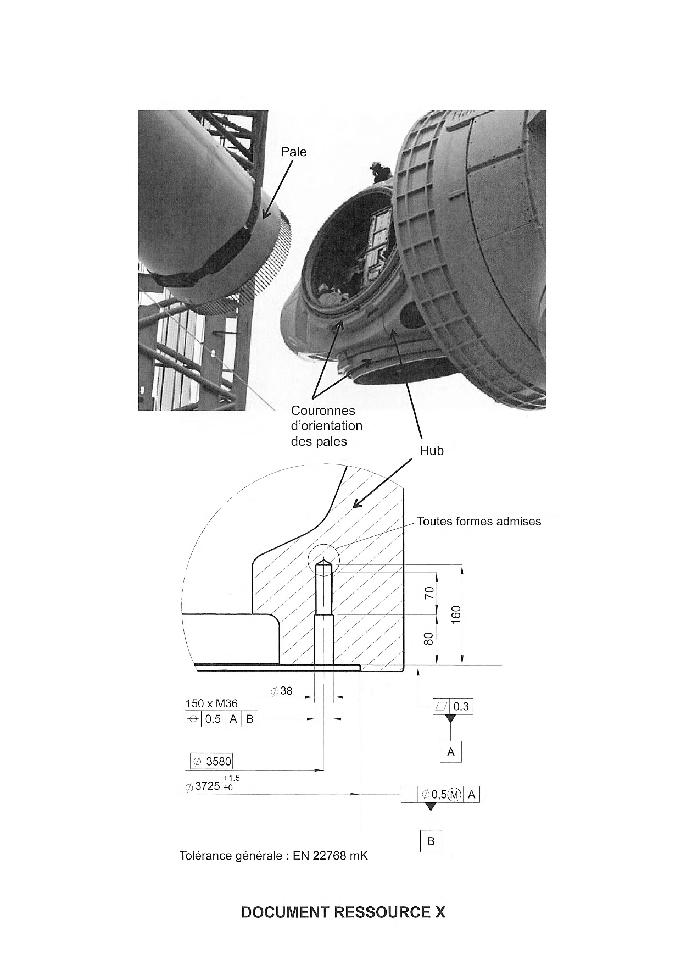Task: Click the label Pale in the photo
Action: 294,152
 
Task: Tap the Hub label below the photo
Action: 432,451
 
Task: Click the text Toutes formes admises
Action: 479,521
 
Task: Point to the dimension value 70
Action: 429,592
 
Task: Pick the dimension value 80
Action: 429,639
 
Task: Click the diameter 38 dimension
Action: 282,691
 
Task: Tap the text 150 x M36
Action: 211,703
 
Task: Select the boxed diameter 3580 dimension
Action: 211,761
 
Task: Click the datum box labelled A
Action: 451,752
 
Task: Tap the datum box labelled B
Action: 431,841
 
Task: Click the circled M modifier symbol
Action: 454,794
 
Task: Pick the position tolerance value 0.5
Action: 213,719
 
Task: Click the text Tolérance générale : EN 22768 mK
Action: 273,871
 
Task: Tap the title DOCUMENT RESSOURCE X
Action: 343,912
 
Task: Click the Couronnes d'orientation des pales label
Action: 327,426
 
